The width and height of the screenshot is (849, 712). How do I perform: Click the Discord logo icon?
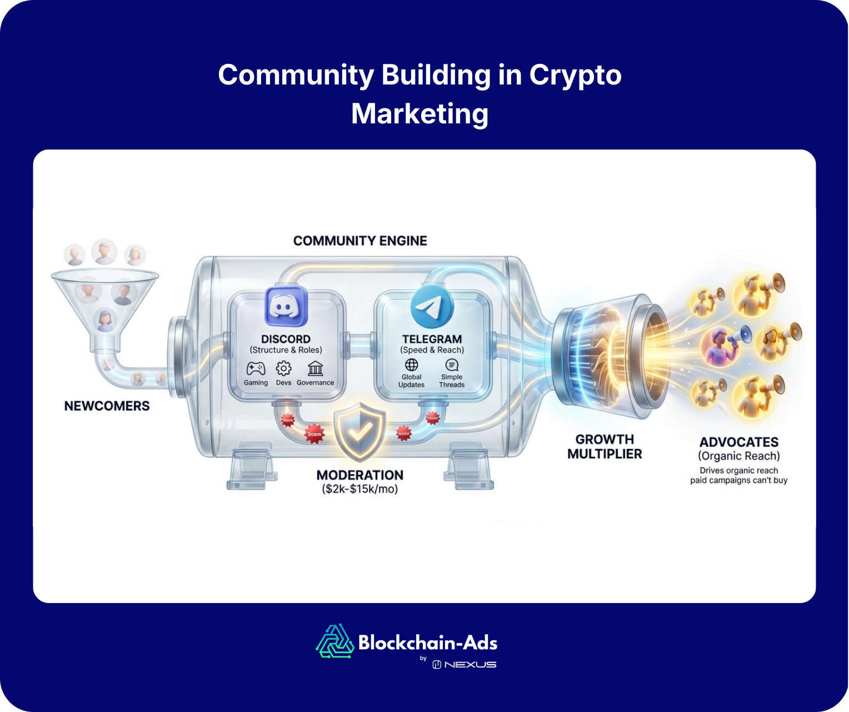pyautogui.click(x=286, y=306)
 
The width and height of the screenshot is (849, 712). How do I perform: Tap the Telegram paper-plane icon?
pyautogui.click(x=432, y=306)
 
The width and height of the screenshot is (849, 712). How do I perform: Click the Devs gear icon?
pyautogui.click(x=283, y=368)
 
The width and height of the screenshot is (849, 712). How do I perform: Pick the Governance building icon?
pyautogui.click(x=315, y=368)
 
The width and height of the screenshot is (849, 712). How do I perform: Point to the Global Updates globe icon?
pyautogui.click(x=411, y=365)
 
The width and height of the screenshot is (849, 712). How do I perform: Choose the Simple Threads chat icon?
pyautogui.click(x=452, y=365)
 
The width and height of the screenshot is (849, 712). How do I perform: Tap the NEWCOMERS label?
pyautogui.click(x=107, y=406)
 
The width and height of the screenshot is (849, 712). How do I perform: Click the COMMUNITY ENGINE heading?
pyautogui.click(x=360, y=241)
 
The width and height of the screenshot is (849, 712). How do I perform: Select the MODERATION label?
pyautogui.click(x=360, y=475)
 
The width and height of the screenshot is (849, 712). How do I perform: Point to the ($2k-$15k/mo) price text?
pyautogui.click(x=360, y=489)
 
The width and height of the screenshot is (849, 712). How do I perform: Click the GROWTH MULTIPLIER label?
pyautogui.click(x=605, y=446)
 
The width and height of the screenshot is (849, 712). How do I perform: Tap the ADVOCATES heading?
pyautogui.click(x=739, y=442)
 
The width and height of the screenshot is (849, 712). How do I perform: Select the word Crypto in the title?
pyautogui.click(x=575, y=75)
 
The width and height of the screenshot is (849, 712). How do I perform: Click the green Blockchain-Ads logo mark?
pyautogui.click(x=335, y=641)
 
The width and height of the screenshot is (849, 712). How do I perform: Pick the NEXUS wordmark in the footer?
pyautogui.click(x=470, y=665)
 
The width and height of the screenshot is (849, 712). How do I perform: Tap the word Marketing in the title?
pyautogui.click(x=420, y=114)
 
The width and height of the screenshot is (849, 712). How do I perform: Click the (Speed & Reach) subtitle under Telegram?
pyautogui.click(x=432, y=350)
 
